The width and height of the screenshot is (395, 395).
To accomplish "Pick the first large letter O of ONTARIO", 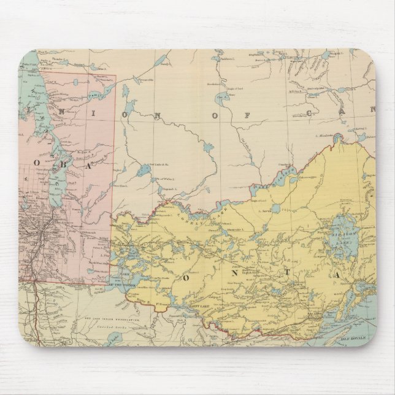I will (185, 278).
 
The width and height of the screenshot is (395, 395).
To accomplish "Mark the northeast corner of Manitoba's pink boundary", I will (115, 76).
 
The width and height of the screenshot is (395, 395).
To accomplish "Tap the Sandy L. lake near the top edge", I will (161, 60).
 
